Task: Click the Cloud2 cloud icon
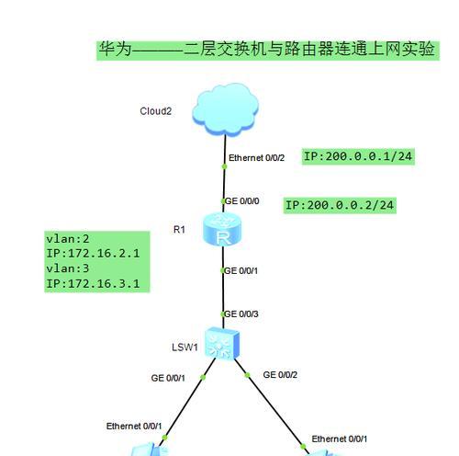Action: tap(225, 109)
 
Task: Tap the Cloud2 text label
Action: tap(155, 111)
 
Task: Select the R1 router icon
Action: tap(222, 229)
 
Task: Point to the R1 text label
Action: tap(179, 230)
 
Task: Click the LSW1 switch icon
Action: tap(222, 343)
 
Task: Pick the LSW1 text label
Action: tap(185, 348)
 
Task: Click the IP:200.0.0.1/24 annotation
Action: tap(358, 156)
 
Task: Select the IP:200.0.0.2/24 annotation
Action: tap(340, 205)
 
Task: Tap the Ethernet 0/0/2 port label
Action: tap(256, 158)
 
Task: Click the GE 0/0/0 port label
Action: tap(242, 201)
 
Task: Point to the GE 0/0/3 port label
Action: tap(241, 314)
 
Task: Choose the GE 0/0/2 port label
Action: tap(280, 375)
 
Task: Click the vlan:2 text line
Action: tap(68, 239)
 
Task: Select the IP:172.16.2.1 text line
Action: tap(93, 254)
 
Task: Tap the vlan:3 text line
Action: tap(68, 268)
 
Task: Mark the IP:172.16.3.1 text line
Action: tap(93, 283)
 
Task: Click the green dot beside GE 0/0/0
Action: tap(223, 201)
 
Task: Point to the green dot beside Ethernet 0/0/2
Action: tap(224, 166)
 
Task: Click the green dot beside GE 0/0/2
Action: tap(247, 375)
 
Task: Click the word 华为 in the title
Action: tap(115, 49)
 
